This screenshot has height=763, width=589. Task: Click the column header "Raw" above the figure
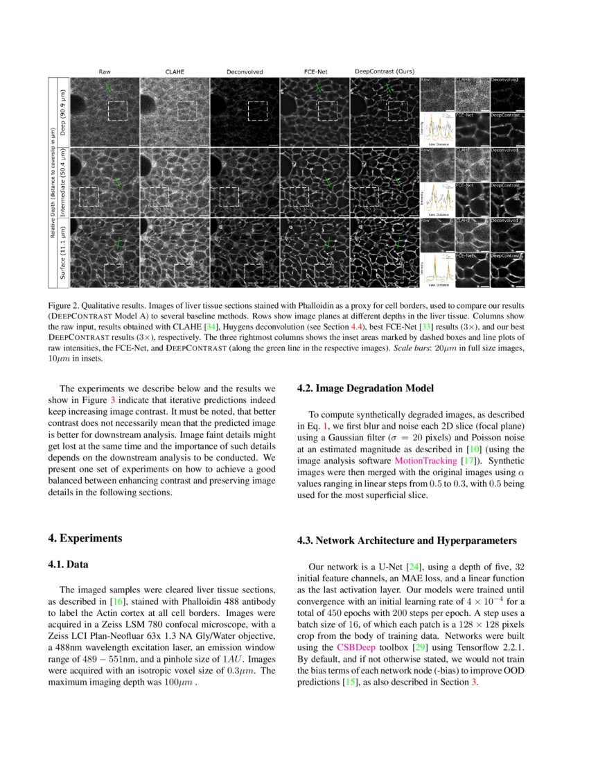pos(105,71)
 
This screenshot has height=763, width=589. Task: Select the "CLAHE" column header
pos(175,71)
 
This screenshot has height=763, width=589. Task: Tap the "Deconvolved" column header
pos(245,71)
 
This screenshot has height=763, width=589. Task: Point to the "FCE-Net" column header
pos(315,71)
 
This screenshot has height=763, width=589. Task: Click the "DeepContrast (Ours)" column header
pos(385,71)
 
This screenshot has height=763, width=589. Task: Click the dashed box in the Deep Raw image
pos(118,110)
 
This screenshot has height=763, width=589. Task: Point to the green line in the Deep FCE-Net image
pos(318,89)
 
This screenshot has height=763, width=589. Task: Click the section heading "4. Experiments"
pos(85,538)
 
